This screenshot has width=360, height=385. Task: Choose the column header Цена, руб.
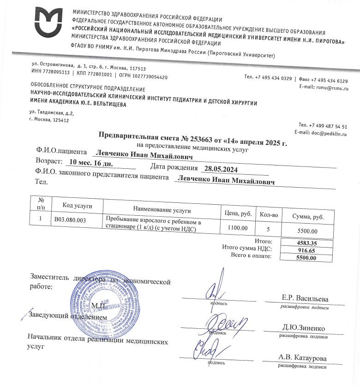(x=238, y=213)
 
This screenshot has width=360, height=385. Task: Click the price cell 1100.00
(x=238, y=227)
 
